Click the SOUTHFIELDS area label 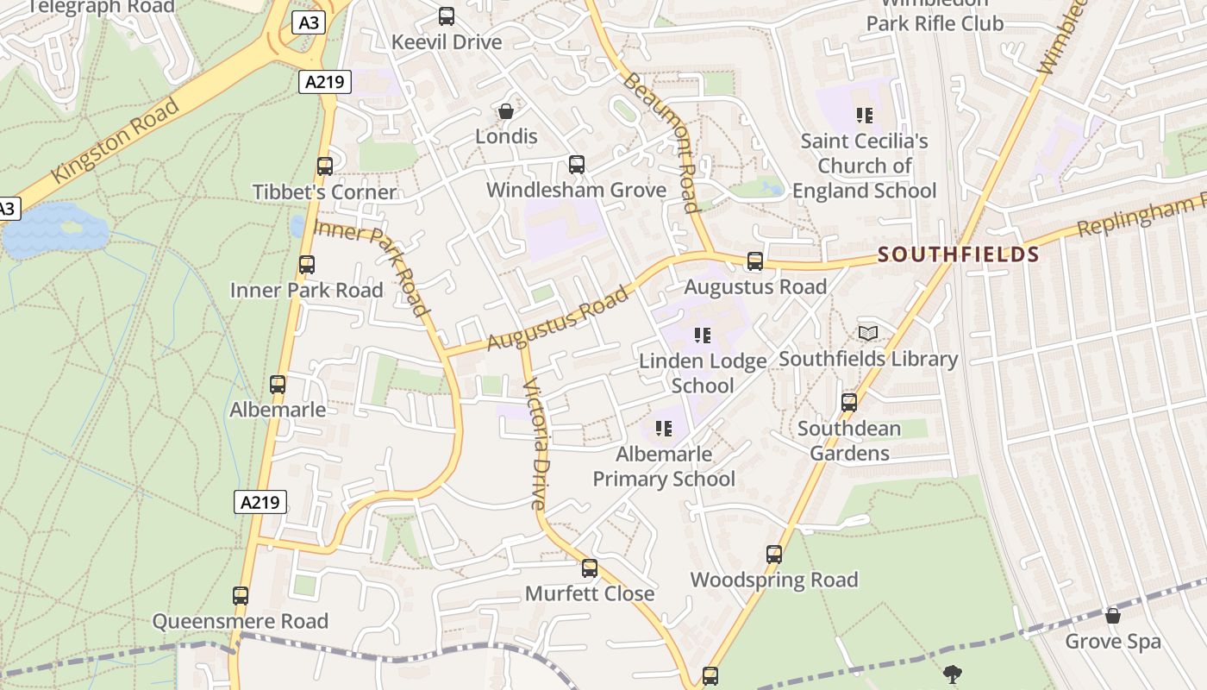coord(959,254)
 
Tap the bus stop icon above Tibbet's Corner coord(325,166)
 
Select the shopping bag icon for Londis coord(506,111)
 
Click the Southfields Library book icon coord(868,333)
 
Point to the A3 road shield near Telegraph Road coord(308,22)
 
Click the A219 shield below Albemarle coord(260,502)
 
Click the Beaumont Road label coord(660,141)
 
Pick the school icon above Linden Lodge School coord(703,335)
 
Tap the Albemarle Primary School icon coord(663,428)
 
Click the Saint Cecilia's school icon coord(865,115)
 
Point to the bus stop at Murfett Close coord(590,568)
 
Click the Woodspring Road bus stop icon coord(774,555)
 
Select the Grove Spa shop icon coord(1113,616)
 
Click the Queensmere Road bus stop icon coord(241,596)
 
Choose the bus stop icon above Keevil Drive coord(447,16)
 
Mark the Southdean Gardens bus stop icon coord(849,403)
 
